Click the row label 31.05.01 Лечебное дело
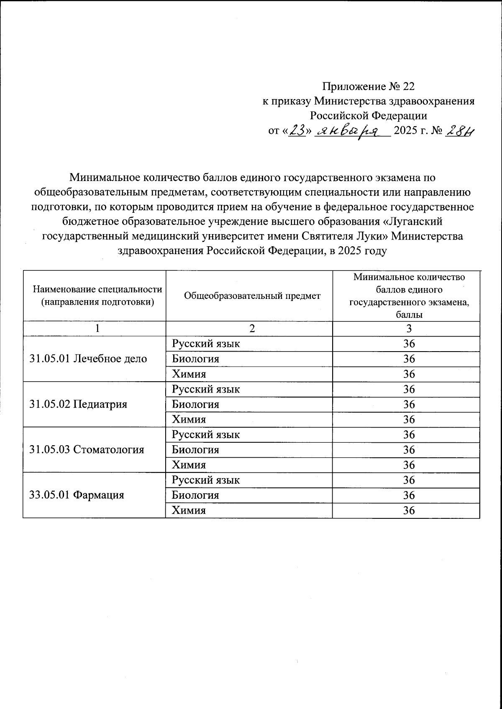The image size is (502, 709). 88,359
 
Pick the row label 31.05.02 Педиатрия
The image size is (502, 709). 78,404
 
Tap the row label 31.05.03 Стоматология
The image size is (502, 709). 87,449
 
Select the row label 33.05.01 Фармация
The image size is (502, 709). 77,495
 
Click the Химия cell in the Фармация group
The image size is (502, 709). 189,510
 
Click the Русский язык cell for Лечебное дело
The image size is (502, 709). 206,344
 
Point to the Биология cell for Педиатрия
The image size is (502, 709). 196,404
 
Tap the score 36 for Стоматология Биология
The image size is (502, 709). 409,449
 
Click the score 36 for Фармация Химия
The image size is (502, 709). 409,510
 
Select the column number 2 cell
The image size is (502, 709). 251,329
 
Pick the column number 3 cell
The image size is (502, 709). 409,329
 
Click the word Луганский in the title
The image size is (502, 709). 415,221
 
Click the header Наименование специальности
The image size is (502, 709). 97,289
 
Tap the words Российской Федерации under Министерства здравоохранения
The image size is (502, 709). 368,115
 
